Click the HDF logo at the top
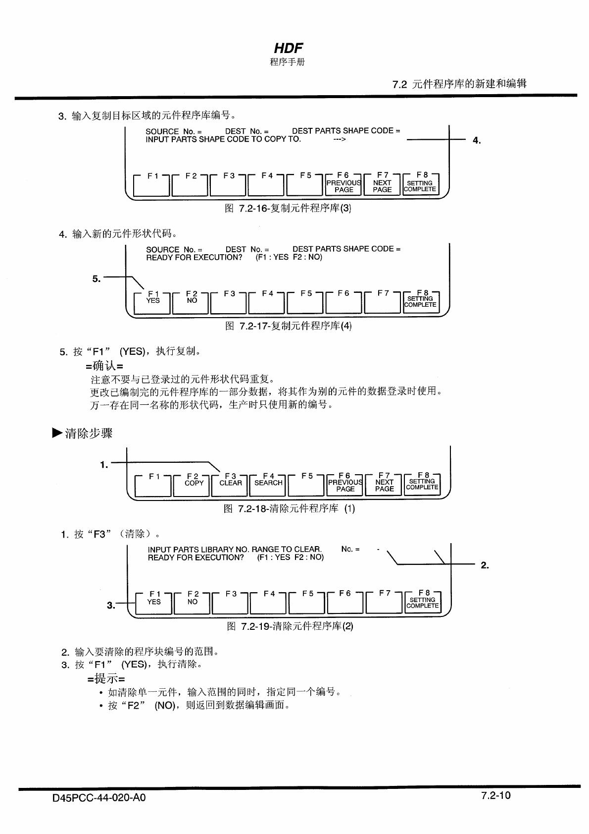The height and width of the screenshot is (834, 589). pyautogui.click(x=288, y=48)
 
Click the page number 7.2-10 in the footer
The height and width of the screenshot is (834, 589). pyautogui.click(x=495, y=796)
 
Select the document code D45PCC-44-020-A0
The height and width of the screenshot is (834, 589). pyautogui.click(x=99, y=798)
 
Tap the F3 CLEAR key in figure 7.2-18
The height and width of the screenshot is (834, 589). pyautogui.click(x=231, y=484)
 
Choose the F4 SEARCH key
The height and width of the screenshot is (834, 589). pyautogui.click(x=268, y=484)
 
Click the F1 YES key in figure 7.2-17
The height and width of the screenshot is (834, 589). pyautogui.click(x=153, y=302)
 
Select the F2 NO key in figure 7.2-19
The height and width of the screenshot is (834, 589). pyautogui.click(x=193, y=602)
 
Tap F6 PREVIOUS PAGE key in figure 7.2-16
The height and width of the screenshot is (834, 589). pyautogui.click(x=344, y=185)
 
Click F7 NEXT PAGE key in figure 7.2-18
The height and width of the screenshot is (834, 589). pyautogui.click(x=384, y=484)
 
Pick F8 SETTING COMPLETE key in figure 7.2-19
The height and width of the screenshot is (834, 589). pyautogui.click(x=422, y=602)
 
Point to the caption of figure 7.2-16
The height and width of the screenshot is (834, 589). pyautogui.click(x=288, y=209)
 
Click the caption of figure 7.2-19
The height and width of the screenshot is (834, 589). pyautogui.click(x=290, y=626)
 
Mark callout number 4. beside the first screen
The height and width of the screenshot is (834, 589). pyautogui.click(x=476, y=140)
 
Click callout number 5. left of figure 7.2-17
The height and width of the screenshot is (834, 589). pyautogui.click(x=97, y=279)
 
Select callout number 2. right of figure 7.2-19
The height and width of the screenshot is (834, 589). pyautogui.click(x=485, y=565)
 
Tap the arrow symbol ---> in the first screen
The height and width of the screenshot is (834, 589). pyautogui.click(x=340, y=140)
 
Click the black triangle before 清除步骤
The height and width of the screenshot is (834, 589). pyautogui.click(x=57, y=433)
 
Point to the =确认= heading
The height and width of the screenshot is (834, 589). pyautogui.click(x=104, y=366)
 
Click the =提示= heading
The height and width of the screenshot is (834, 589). pyautogui.click(x=106, y=678)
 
